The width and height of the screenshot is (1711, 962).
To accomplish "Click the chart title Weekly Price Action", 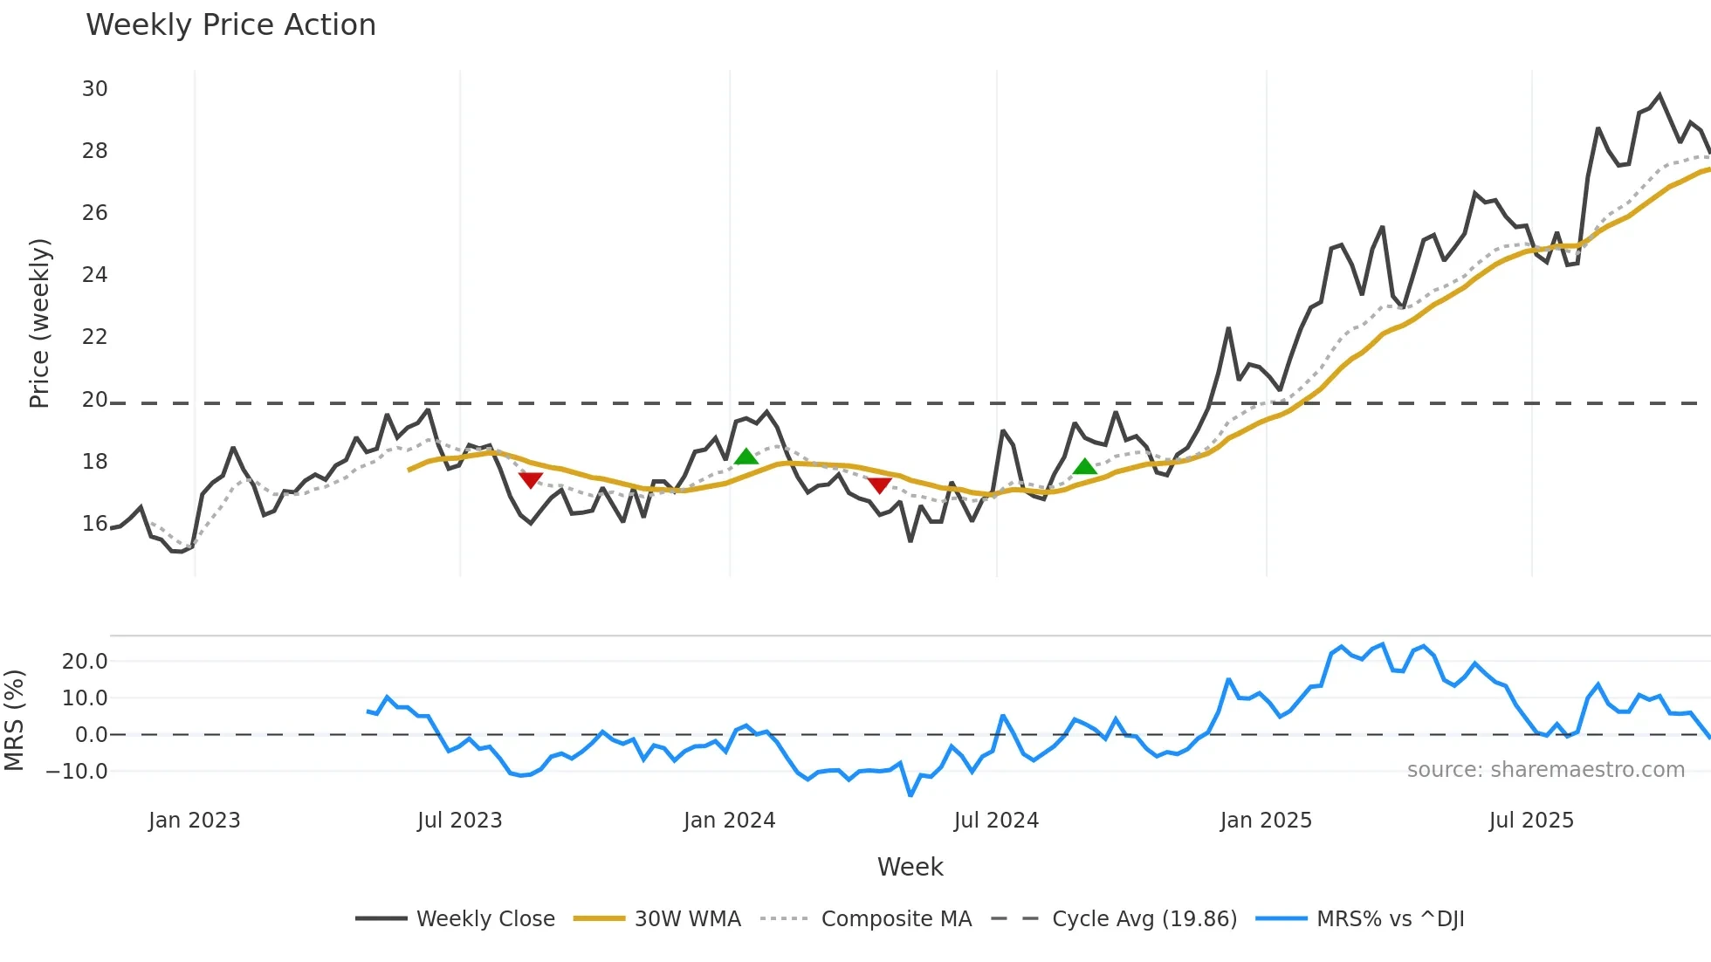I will point(230,25).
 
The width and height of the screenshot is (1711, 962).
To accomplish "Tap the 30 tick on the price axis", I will point(94,89).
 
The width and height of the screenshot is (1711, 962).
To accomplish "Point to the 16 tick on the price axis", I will point(94,524).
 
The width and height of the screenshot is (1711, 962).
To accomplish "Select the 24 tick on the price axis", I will point(94,275).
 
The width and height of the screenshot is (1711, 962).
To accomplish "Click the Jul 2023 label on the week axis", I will point(459,821).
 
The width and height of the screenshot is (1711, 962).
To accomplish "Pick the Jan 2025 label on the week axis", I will point(1265,821).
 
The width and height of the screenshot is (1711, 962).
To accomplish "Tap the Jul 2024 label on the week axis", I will point(996,821).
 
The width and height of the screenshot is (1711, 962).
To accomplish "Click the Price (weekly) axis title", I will point(39,323).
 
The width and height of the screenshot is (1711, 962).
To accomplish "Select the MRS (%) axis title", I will point(14,720).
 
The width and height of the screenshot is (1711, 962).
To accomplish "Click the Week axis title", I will point(910,867).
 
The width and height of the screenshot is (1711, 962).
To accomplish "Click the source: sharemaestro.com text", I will point(1545,770).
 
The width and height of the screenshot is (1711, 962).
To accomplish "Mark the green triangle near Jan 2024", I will point(746,457).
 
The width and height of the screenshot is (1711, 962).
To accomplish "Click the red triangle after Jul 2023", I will point(531,480).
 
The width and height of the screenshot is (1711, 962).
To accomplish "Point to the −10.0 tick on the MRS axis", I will point(77,772).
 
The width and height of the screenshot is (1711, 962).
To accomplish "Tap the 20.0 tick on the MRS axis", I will point(84,662).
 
